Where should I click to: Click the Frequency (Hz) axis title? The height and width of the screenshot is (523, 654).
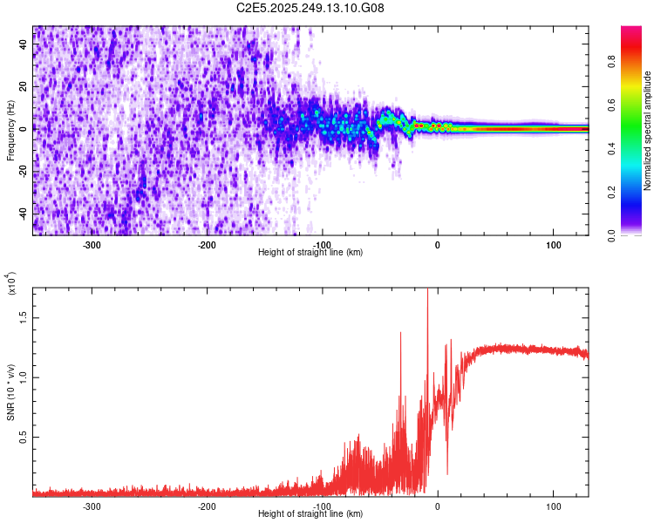[10, 131]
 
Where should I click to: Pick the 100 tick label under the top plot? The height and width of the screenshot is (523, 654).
[553, 245]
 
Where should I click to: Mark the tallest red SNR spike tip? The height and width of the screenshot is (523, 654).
[427, 289]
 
